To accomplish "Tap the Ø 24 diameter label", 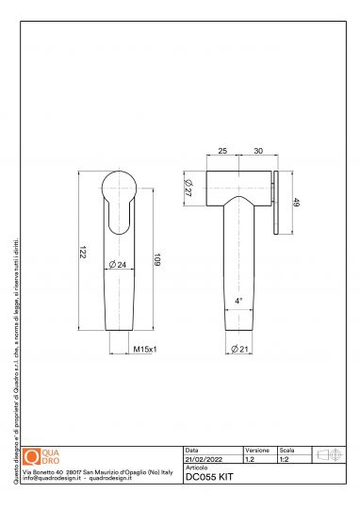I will [120, 265].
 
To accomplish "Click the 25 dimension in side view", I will [222, 150].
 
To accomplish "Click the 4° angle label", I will [239, 301].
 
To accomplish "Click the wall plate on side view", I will [274, 202].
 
